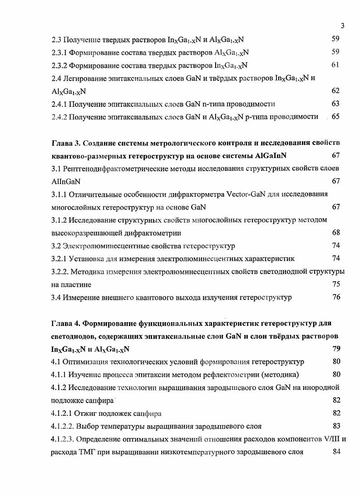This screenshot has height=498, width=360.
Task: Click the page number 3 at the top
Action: coord(343,26)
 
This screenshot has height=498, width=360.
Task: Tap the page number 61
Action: coord(335,65)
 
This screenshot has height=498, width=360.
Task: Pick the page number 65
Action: coord(335,117)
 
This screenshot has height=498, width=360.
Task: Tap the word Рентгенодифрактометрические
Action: coord(113,169)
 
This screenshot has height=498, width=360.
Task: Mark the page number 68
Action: coord(336,233)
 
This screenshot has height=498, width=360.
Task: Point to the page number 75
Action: coord(336,285)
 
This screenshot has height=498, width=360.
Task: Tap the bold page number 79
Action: coord(336,349)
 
